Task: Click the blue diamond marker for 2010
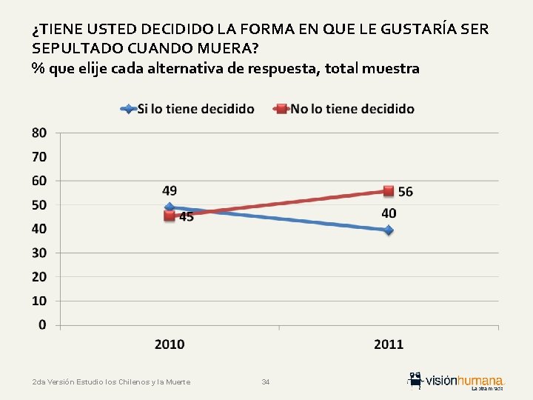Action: coord(170,208)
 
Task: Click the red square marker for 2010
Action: coord(170,216)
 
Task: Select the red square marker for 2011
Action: coord(389,191)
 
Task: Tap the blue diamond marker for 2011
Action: coord(389,230)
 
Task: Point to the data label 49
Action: coord(170,191)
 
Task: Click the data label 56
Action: coord(406,192)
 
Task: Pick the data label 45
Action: coord(186,217)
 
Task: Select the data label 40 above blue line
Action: coord(389,213)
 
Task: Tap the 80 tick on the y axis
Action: coord(39,133)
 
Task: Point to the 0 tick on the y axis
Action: coord(42,324)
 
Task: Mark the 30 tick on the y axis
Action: coord(39,253)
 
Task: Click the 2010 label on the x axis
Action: coord(170,344)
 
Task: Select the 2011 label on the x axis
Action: coord(389,344)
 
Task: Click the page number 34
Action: coord(266,382)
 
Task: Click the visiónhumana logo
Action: coord(456,381)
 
